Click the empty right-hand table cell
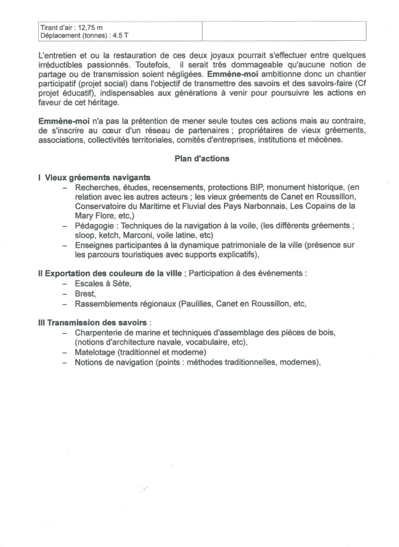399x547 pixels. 284,31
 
